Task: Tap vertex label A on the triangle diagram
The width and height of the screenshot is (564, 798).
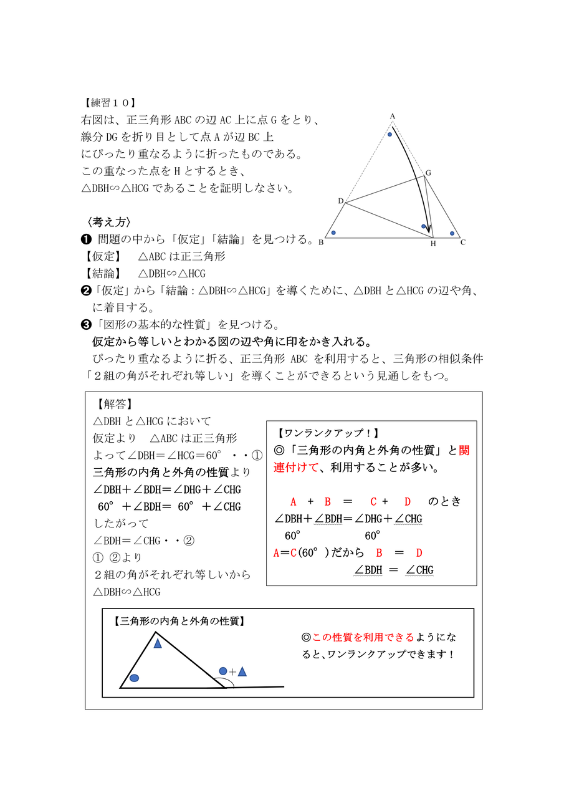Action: tap(393, 116)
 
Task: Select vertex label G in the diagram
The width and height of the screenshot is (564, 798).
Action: tap(428, 173)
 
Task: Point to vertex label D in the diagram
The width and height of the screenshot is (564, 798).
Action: tap(340, 201)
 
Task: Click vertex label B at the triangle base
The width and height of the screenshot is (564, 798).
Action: tap(321, 243)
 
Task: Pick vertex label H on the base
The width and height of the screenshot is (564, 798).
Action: tap(433, 244)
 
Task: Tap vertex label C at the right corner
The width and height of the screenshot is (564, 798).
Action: tap(463, 243)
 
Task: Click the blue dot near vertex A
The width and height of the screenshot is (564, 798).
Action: tap(390, 134)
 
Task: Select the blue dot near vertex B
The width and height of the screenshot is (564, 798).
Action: tap(333, 233)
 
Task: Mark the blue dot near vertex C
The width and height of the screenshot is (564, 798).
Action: tap(452, 233)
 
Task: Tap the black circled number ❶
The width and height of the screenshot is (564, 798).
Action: tap(87, 239)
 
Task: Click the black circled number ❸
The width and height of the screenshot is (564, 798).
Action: tap(87, 325)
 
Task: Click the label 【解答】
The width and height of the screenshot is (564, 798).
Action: tap(115, 404)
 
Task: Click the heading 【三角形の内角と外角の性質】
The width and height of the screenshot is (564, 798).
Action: tap(179, 621)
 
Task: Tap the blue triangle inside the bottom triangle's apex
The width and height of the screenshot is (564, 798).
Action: tap(158, 643)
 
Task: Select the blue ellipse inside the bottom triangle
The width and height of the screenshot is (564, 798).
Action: tap(134, 678)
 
